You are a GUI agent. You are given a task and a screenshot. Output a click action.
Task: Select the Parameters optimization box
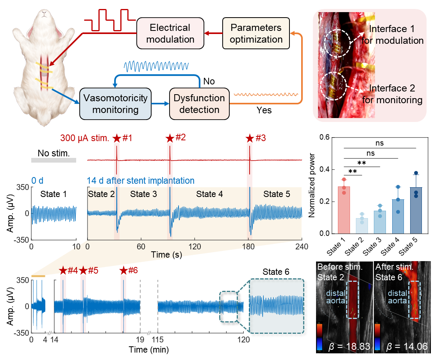coord(256,34)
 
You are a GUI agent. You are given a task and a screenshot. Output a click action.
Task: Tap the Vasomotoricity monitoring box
coord(115,104)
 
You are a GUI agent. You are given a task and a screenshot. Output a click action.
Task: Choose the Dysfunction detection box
coord(199,104)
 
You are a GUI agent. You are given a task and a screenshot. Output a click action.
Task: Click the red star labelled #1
coord(117,138)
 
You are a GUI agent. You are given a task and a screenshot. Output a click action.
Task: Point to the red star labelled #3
coord(250,138)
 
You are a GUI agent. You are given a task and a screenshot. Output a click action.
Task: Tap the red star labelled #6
coord(123,270)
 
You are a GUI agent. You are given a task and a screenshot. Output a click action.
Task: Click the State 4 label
coord(209,194)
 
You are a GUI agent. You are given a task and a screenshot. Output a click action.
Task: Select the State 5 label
coord(277,194)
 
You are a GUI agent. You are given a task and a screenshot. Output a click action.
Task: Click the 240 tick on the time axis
coord(302,247)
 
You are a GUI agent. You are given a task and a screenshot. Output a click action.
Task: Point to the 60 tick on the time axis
coord(141,247)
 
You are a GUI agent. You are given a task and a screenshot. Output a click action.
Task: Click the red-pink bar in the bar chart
coord(343,210)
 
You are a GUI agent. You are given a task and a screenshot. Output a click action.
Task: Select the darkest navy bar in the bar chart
coord(416,210)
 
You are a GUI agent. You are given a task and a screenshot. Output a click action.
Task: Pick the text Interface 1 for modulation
coord(396,34)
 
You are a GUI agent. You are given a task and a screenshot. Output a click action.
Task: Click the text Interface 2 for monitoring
coord(392,94)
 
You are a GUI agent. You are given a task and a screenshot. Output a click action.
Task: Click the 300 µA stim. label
coord(85,138)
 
